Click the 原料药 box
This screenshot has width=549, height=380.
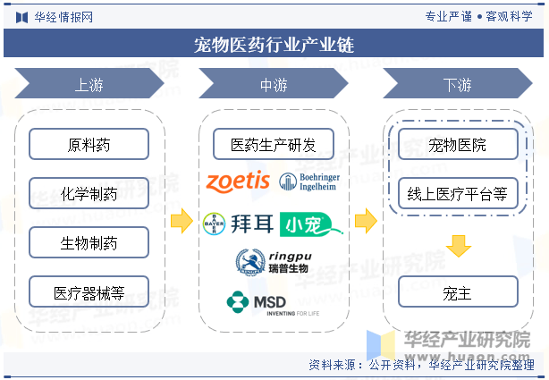[89, 144]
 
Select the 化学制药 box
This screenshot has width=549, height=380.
[89, 193]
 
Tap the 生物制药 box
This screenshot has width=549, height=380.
[89, 242]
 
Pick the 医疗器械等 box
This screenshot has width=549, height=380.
[89, 291]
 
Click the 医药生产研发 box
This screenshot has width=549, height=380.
[274, 144]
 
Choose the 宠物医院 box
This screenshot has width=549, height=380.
[458, 144]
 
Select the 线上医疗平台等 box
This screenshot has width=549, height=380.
[458, 193]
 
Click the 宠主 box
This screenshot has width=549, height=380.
[458, 291]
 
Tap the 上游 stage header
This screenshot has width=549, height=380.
[89, 83]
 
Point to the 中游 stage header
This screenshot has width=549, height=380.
[274, 83]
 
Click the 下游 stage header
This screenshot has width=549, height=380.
[458, 83]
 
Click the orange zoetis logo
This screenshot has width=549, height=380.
[238, 182]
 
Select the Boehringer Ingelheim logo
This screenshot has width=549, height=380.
[309, 182]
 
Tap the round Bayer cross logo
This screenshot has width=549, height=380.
[214, 224]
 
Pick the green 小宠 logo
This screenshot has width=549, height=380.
[311, 224]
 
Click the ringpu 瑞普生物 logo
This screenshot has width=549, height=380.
[274, 263]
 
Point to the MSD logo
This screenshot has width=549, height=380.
[273, 303]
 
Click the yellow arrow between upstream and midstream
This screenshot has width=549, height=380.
[182, 221]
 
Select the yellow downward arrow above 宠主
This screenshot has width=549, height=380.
[459, 246]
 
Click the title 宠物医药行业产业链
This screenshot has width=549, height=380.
[274, 45]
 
